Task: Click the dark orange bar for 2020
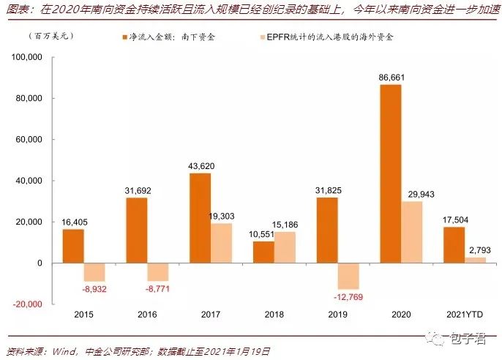click(389, 174)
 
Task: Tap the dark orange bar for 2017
click(200, 218)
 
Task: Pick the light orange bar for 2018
click(284, 247)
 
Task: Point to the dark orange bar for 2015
click(73, 246)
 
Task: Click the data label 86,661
click(389, 77)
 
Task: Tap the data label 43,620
click(201, 165)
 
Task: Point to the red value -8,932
click(94, 290)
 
